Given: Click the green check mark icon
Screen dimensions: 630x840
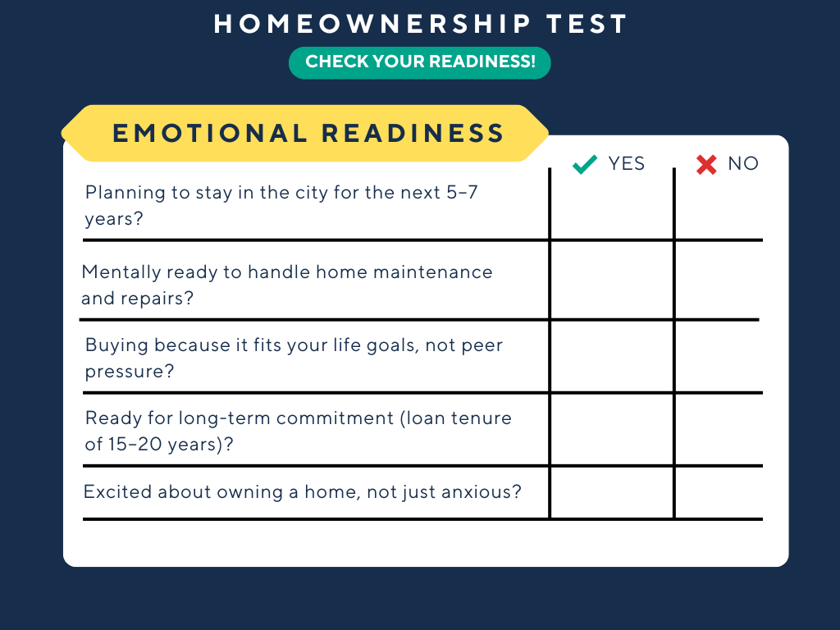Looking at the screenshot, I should [x=585, y=165].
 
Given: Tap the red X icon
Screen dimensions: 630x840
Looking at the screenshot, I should [x=705, y=165].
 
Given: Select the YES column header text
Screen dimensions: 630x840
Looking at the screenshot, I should [x=627, y=164].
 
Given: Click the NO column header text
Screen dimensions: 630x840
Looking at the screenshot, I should [x=743, y=164].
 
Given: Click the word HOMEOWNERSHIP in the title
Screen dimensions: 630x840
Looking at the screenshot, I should [x=373, y=25].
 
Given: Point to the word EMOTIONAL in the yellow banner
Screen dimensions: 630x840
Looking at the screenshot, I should [x=208, y=133].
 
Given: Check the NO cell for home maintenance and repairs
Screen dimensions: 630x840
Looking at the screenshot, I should [x=718, y=281].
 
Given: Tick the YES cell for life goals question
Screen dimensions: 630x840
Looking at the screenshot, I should [x=612, y=357].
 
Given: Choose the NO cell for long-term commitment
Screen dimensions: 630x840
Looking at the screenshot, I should [x=718, y=430].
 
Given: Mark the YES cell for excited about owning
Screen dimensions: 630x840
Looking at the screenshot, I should [x=612, y=492].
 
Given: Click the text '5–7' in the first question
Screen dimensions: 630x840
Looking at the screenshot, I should [x=466, y=194].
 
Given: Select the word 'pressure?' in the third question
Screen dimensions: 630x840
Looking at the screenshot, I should [x=130, y=372].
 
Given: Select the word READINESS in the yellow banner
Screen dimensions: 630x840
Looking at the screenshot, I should [x=413, y=133].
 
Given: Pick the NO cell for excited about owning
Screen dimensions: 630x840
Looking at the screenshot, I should [x=718, y=492].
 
